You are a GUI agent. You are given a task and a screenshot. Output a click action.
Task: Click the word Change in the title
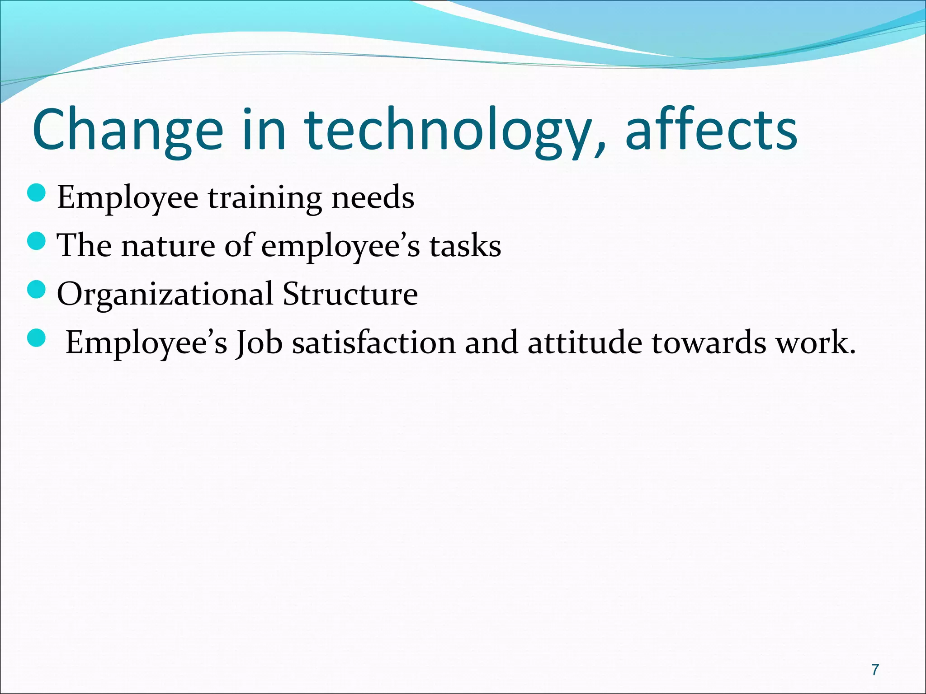[128, 131]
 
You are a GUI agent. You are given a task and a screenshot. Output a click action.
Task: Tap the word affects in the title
[711, 131]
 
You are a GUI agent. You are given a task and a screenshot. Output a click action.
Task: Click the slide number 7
[875, 669]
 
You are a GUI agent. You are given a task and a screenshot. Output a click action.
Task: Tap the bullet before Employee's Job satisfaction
[37, 338]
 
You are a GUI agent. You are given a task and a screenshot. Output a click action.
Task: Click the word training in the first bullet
[265, 199]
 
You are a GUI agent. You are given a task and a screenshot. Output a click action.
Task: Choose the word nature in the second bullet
[168, 247]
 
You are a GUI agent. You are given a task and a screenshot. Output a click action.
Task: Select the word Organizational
[165, 295]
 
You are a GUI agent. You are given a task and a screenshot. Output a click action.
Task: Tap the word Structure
[350, 294]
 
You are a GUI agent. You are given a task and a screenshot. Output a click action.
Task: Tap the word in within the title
[265, 131]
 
